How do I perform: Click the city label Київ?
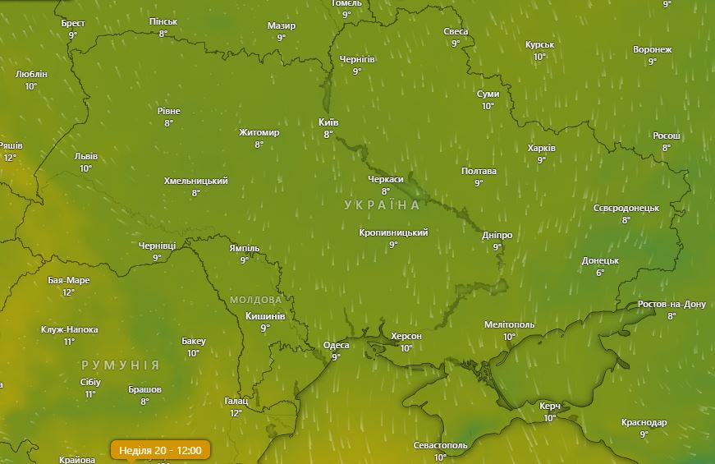328,122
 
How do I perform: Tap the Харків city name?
541,148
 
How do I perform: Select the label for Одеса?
336,345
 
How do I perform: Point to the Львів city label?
85,156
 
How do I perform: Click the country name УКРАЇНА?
382,204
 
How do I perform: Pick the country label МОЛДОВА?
255,300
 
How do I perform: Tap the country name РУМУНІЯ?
120,364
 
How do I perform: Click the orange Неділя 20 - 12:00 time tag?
160,450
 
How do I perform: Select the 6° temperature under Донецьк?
600,273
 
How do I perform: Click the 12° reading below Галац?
236,413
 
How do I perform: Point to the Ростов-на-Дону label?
671,304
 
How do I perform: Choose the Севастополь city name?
440,445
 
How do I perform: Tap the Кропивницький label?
393,232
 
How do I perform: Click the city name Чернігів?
357,60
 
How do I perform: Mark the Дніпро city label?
497,235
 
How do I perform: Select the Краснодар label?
644,422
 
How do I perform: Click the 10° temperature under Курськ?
539,57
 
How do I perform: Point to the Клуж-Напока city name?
69,329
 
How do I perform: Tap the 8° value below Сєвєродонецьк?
626,220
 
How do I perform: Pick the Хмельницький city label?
195,181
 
